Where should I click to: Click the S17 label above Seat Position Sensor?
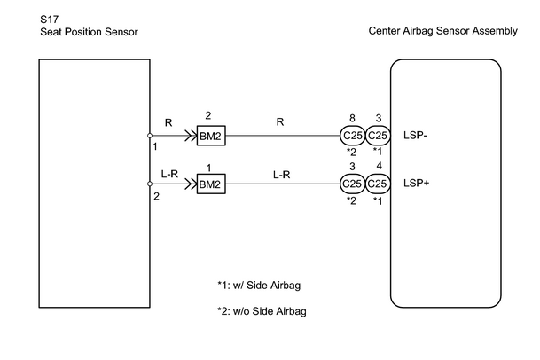tap(50, 20)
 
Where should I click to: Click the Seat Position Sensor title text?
tap(89, 32)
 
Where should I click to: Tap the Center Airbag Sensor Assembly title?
tap(442, 31)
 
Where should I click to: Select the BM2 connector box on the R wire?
tap(211, 136)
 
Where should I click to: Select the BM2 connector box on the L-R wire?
tap(211, 184)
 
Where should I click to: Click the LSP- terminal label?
tap(415, 136)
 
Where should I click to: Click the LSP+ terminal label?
tap(417, 183)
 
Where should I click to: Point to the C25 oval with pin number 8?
tap(352, 136)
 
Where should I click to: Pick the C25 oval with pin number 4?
tap(378, 184)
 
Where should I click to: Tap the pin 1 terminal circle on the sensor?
tap(150, 136)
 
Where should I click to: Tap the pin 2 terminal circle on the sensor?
tap(150, 184)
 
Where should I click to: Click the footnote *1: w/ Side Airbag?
tap(259, 286)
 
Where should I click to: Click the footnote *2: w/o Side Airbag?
tap(262, 311)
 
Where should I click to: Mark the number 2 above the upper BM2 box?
tap(208, 116)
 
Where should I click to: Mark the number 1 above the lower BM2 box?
tap(208, 168)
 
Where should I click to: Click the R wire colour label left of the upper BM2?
tap(168, 122)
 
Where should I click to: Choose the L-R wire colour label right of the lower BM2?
tap(282, 175)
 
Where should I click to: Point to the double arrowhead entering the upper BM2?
tap(191, 136)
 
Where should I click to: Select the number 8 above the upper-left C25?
tap(352, 119)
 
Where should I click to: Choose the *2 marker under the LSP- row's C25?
tap(351, 152)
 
